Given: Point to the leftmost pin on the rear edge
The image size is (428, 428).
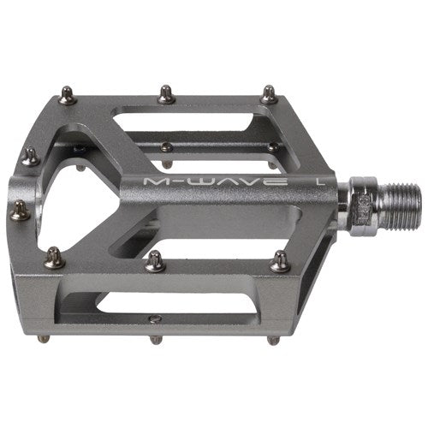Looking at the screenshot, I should click(67, 97).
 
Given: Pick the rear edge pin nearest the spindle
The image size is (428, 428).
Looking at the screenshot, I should click(268, 93).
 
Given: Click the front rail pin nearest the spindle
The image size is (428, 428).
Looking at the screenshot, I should click(279, 263).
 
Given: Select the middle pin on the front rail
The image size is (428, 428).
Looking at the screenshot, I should click(155, 261).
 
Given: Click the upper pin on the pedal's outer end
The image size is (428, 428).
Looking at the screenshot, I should click(29, 157).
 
